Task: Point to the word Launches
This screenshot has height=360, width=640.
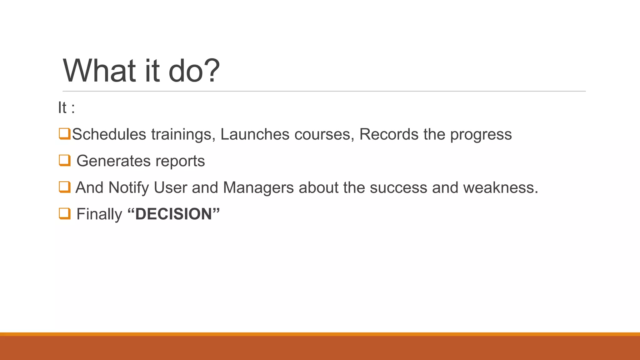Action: click(x=255, y=134)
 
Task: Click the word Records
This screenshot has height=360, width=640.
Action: click(x=388, y=134)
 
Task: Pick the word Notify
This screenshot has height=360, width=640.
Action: click(x=128, y=188)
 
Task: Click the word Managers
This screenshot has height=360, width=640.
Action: click(x=258, y=188)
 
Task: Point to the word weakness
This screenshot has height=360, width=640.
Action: click(x=500, y=188)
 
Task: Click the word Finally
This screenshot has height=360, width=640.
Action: click(x=99, y=214)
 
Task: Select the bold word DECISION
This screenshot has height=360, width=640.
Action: click(x=173, y=214)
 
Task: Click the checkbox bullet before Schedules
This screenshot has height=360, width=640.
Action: click(x=64, y=133)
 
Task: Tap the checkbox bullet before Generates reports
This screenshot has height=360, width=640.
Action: click(x=64, y=160)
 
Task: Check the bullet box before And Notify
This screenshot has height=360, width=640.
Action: click(x=64, y=187)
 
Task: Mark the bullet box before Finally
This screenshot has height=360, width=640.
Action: click(x=64, y=213)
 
